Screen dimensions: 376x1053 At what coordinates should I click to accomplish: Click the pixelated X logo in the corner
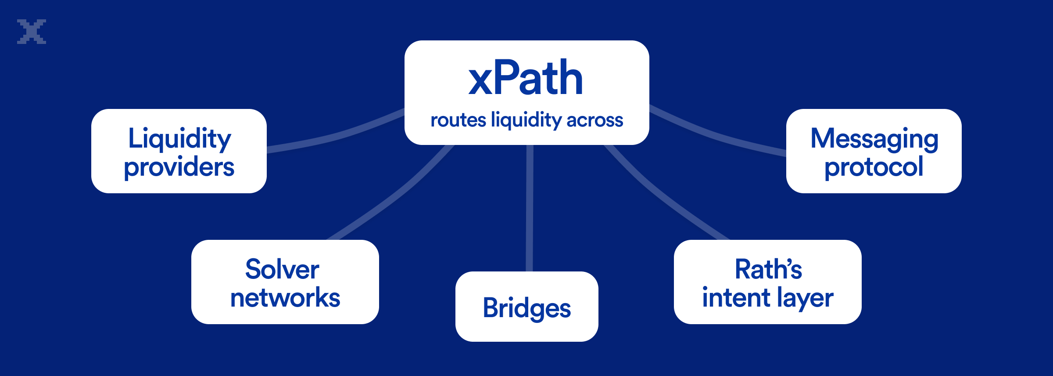coord(32,32)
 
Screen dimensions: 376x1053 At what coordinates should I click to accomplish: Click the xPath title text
coord(526,78)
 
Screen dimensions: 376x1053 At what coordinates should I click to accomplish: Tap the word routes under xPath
coord(458,120)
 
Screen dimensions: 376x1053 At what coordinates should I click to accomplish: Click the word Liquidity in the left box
coord(179,138)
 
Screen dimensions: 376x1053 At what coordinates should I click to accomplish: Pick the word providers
coord(179,167)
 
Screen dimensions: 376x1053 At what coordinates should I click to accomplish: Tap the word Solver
coord(282,269)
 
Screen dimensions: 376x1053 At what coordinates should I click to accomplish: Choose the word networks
coord(285,298)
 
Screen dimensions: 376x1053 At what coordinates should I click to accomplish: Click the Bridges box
coord(526,307)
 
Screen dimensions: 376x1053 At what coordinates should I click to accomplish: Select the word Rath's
coord(768,269)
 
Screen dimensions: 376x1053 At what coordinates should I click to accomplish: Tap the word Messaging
coord(874,138)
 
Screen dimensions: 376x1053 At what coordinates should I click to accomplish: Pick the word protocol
coord(874,167)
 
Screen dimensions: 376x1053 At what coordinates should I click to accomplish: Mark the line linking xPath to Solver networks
coord(395,193)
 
